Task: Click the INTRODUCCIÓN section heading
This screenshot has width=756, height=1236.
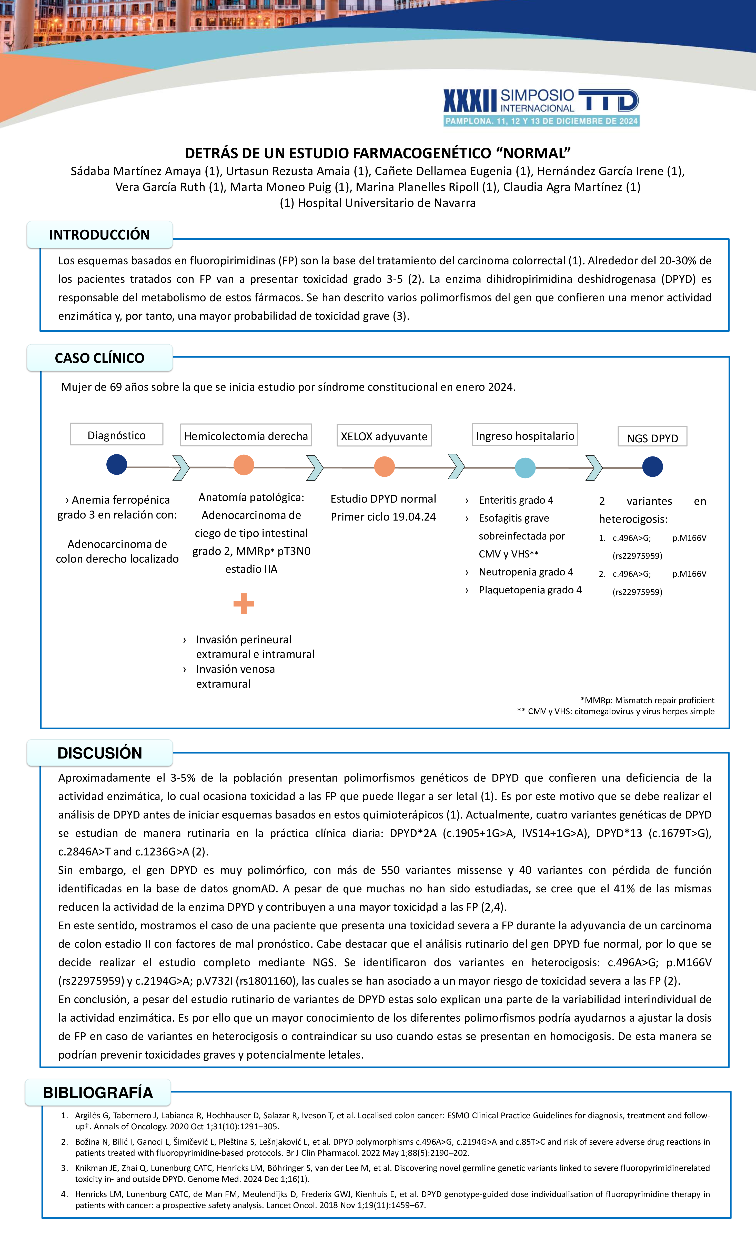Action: [99, 235]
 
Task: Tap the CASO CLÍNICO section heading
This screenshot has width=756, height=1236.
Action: [99, 358]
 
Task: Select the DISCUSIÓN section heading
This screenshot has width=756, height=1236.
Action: [99, 753]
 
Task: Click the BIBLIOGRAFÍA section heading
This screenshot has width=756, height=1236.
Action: [98, 1093]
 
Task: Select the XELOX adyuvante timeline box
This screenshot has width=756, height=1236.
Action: [384, 436]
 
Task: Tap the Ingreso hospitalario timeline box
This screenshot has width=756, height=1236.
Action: [525, 435]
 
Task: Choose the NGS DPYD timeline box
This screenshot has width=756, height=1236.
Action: [652, 437]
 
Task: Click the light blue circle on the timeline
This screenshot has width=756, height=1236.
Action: [525, 467]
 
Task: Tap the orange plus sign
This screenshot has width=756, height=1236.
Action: [244, 603]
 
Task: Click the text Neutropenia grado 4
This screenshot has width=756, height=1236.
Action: [525, 572]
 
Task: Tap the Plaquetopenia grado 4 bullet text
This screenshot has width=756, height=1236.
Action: [530, 590]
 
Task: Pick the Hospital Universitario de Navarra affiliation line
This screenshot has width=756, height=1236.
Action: [378, 203]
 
